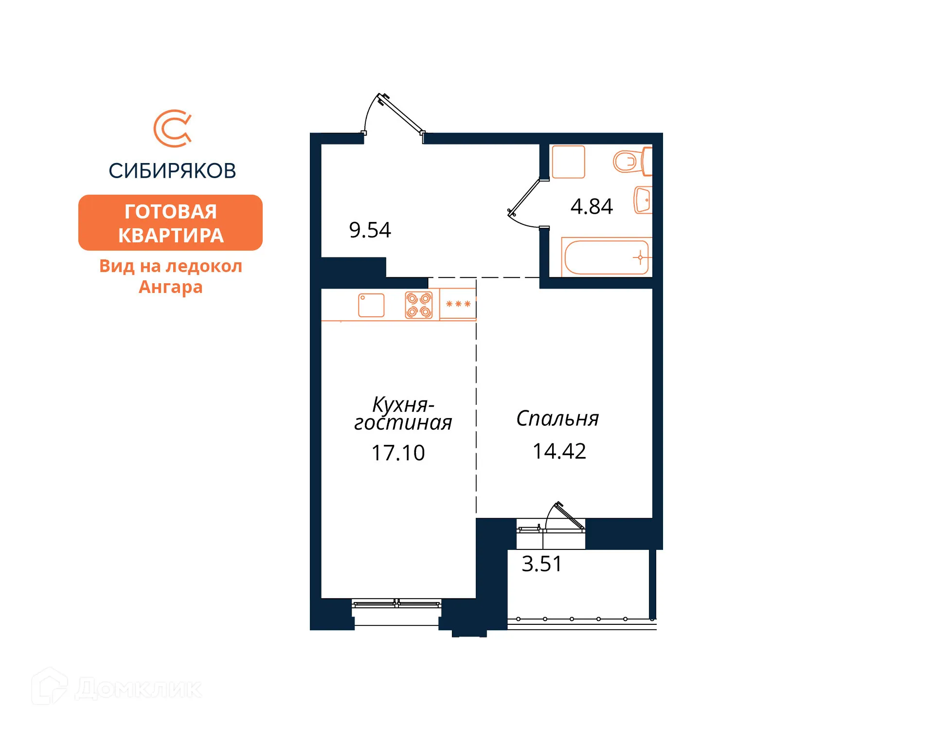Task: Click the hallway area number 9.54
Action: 370,230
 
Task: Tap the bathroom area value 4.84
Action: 591,206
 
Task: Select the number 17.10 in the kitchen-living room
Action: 398,453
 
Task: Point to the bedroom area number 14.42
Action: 559,451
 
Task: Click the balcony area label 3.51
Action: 541,564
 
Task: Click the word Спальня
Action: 557,419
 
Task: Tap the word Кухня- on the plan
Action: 403,404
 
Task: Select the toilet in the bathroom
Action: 630,161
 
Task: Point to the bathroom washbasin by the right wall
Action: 643,200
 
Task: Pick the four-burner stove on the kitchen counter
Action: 418,305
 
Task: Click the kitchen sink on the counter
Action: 371,305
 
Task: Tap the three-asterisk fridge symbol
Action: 458,304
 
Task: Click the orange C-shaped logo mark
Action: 172,128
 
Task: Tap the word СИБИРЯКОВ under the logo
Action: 172,171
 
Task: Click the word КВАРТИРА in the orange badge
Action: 171,236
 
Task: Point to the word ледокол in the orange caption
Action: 204,266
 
